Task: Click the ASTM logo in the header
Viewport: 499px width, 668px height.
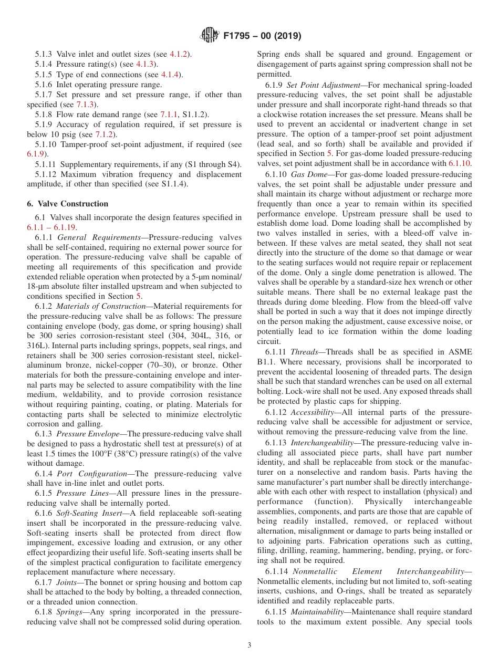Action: click(210, 36)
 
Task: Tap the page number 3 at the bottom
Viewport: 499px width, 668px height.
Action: click(250, 645)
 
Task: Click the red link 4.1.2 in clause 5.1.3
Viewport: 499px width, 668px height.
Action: click(180, 54)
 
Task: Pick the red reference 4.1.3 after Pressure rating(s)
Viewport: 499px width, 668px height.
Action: click(146, 64)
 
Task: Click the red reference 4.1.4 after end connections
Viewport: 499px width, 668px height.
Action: click(171, 75)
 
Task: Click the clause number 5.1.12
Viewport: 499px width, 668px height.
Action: click(47, 174)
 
